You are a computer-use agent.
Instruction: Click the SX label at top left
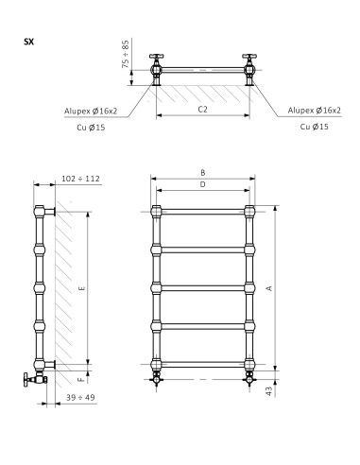(28, 42)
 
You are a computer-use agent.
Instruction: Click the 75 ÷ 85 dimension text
(126, 54)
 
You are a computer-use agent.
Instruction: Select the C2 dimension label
(203, 110)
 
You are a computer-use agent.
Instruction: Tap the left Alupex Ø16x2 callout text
(91, 111)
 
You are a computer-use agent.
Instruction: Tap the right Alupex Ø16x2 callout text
(314, 111)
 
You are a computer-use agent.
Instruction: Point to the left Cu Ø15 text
(91, 128)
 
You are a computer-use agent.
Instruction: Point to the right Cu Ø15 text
(314, 127)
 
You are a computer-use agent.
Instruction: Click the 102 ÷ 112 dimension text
(80, 179)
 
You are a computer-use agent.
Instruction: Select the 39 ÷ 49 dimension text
(80, 397)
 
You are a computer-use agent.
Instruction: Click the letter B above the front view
(203, 172)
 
